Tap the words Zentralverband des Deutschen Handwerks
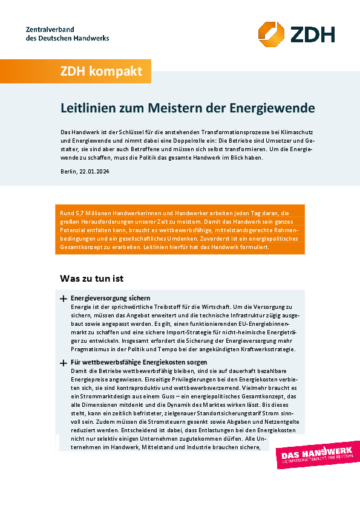[x=67, y=34]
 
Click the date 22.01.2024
[x=96, y=172]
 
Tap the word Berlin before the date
[x=70, y=172]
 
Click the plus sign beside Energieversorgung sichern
[x=63, y=299]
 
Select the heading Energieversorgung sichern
[x=110, y=299]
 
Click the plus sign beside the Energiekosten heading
[x=63, y=363]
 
